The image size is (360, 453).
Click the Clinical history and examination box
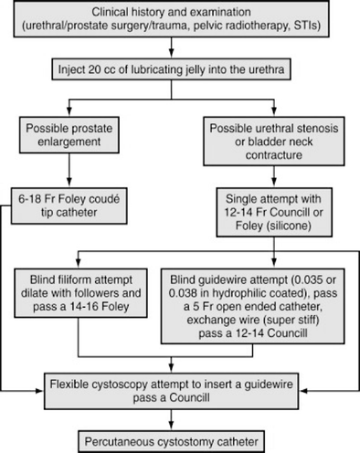[x=179, y=24]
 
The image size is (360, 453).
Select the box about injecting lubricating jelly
[x=179, y=68]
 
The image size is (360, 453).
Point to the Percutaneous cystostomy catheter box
[x=179, y=437]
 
